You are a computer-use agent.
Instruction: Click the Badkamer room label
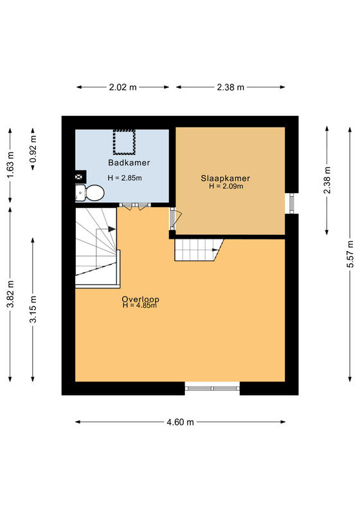click(x=129, y=163)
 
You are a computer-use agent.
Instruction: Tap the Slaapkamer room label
click(x=226, y=178)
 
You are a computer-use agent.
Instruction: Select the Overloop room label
click(x=140, y=299)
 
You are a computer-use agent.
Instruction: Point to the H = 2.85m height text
click(x=125, y=178)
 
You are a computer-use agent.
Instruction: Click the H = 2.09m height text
click(x=226, y=186)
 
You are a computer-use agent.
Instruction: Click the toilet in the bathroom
click(x=90, y=193)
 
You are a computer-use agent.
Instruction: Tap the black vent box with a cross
click(x=80, y=176)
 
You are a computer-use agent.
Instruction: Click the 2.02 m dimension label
click(x=123, y=87)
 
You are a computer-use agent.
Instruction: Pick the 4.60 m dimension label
click(x=180, y=422)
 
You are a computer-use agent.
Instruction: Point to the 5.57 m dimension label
click(x=350, y=254)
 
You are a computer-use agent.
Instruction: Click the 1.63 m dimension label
click(x=10, y=165)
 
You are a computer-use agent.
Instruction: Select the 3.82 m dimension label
click(x=10, y=294)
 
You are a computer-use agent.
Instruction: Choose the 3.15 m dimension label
click(x=33, y=310)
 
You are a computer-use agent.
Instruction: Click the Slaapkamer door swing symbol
click(x=175, y=219)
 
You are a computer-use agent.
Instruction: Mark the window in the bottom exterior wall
click(x=212, y=388)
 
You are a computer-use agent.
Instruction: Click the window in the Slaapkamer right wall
click(x=292, y=203)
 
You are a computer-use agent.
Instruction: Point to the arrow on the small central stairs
click(x=215, y=250)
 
